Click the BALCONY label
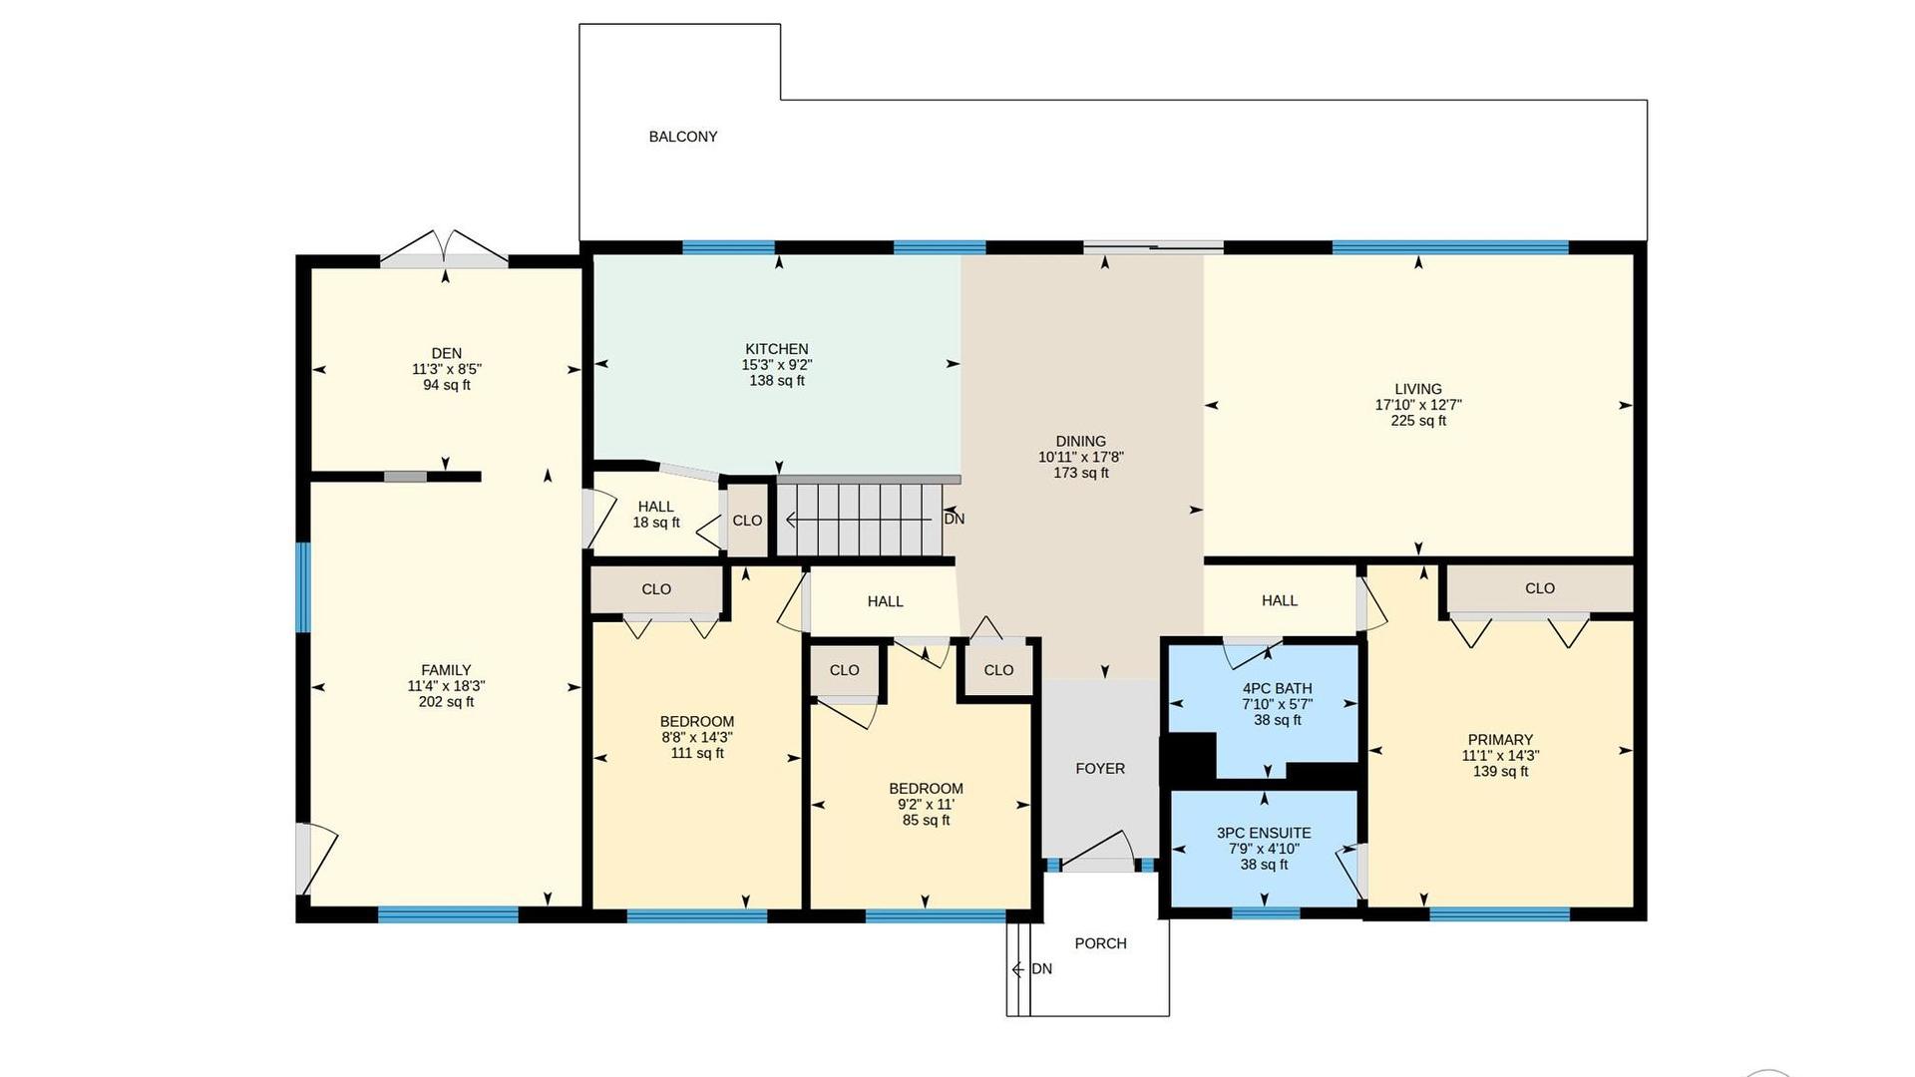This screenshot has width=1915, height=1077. click(683, 137)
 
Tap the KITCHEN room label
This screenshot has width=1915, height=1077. click(777, 349)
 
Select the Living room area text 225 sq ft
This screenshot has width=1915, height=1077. click(1418, 421)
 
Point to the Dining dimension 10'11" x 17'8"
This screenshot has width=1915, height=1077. click(1081, 457)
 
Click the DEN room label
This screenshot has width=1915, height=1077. click(447, 353)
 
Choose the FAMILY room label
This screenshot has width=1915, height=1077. click(446, 670)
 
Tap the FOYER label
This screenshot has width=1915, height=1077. click(1100, 768)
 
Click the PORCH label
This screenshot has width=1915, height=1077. click(1101, 943)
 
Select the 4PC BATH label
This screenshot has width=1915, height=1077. click(1278, 688)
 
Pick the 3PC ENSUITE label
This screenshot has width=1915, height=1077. click(1264, 833)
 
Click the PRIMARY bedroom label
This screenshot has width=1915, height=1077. click(1500, 740)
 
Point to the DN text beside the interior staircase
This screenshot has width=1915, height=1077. click(955, 519)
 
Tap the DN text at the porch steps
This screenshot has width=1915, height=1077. click(1042, 969)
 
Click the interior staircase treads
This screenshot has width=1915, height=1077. click(860, 520)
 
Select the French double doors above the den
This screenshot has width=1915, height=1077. click(445, 246)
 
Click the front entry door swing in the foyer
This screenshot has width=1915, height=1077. click(1097, 851)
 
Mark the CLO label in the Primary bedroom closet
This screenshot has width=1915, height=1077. click(1540, 588)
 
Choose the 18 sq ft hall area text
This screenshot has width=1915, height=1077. click(656, 523)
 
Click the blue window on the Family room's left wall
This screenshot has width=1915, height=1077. click(303, 587)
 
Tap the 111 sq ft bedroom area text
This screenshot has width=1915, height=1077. click(697, 753)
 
